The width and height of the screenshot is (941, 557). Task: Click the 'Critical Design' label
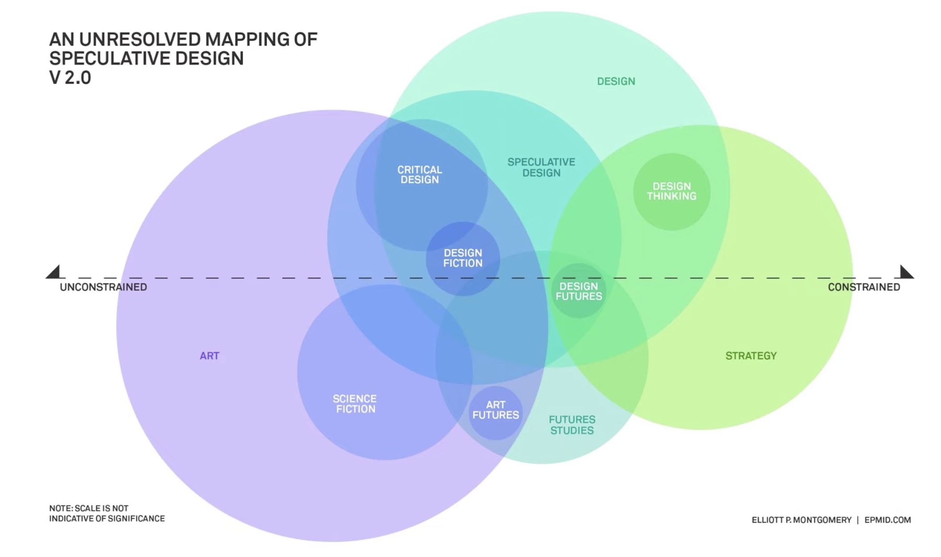click(x=420, y=175)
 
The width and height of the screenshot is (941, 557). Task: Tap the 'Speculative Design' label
click(x=541, y=168)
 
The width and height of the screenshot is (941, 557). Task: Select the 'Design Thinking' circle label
click(x=672, y=191)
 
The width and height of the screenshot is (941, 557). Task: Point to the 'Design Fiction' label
click(x=463, y=258)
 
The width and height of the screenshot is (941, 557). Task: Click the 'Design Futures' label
click(x=579, y=291)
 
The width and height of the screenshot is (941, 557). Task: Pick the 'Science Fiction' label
click(x=355, y=404)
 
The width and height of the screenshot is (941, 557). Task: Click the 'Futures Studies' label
click(x=572, y=425)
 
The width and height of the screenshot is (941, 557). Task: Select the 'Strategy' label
click(x=751, y=356)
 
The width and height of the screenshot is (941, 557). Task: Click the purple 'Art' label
click(x=209, y=356)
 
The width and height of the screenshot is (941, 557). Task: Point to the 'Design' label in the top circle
click(x=616, y=81)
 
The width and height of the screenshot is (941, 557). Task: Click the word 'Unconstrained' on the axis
click(x=103, y=287)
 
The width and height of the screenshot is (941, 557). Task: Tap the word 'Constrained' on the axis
click(x=864, y=287)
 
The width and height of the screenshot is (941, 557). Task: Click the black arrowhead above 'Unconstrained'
click(x=54, y=272)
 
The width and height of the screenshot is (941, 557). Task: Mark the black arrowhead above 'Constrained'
click(x=906, y=272)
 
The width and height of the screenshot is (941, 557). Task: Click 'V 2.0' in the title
click(x=70, y=78)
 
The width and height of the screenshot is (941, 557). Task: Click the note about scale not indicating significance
click(x=107, y=513)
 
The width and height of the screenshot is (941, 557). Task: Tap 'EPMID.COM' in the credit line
click(x=887, y=520)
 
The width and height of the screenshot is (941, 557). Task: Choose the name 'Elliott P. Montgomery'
click(x=801, y=520)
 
